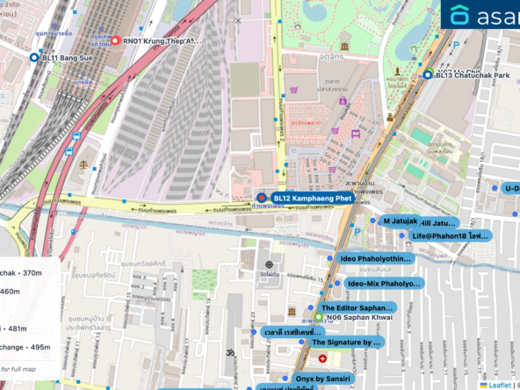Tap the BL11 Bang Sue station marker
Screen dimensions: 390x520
click(34, 56)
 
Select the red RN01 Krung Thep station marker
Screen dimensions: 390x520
click(115, 40)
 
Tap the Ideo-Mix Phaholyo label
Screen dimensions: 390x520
click(383, 285)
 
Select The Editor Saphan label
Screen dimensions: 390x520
click(357, 308)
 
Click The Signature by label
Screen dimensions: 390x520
click(347, 342)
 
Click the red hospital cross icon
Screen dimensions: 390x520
click(322, 359)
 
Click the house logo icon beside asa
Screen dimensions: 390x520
click(459, 15)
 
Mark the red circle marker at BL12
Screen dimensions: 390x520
click(261, 199)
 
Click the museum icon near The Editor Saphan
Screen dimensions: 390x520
click(292, 312)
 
